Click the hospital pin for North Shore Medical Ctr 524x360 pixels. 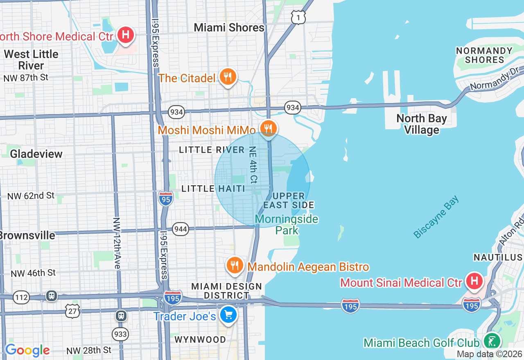[126, 34]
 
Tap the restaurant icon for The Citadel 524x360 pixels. [228, 76]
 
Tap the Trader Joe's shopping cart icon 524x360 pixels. [228, 315]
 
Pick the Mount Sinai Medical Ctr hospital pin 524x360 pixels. [474, 281]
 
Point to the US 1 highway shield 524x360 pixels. [298, 17]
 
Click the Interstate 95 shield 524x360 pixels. [166, 198]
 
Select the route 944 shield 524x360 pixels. [181, 229]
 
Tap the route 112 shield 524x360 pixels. [21, 297]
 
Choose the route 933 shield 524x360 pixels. [121, 334]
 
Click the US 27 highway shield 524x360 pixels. [72, 311]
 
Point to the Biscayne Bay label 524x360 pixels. [436, 217]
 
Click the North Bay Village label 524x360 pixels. [422, 124]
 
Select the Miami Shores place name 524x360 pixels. [229, 28]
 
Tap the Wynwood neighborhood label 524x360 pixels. [200, 340]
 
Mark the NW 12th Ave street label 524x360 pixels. [116, 243]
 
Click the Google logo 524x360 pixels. [27, 351]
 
